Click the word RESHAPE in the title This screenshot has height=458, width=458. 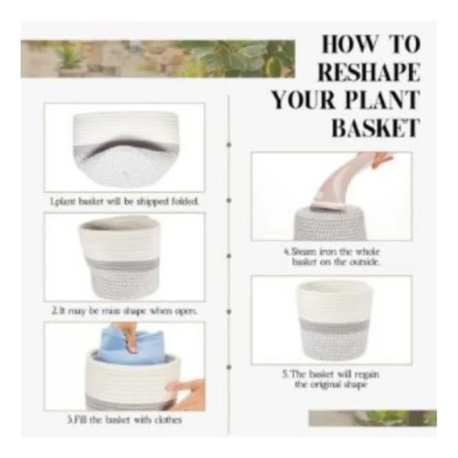[369, 73]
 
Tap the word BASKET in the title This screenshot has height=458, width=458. [375, 127]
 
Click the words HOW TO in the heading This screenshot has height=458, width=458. [369, 44]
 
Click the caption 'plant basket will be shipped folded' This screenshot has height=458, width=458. [124, 202]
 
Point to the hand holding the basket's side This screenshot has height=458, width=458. [188, 394]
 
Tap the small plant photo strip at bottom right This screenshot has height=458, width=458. [372, 418]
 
